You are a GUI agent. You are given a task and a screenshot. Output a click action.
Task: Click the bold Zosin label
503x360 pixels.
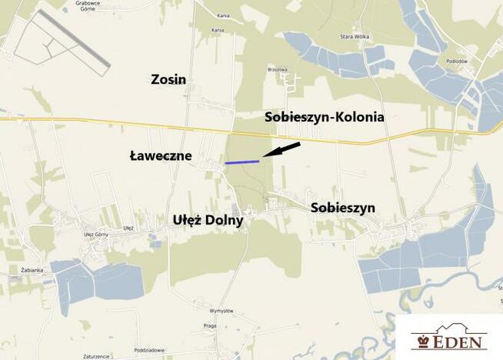point(169,79)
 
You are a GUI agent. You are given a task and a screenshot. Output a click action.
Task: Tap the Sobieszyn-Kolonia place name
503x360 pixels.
point(324,118)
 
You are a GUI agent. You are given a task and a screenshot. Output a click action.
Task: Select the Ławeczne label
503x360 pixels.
point(160,156)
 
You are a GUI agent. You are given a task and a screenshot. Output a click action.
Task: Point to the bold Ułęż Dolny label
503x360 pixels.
point(207,220)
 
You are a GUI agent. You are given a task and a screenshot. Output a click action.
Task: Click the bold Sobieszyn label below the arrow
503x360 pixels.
point(342,208)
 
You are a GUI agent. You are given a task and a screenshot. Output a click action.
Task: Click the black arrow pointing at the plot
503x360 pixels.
point(281,149)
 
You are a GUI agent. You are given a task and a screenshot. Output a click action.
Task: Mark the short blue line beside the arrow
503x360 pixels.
point(242,162)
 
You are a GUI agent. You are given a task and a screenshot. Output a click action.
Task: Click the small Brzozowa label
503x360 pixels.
point(277,68)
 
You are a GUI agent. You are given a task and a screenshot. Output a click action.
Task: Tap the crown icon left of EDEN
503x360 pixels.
point(421,342)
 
